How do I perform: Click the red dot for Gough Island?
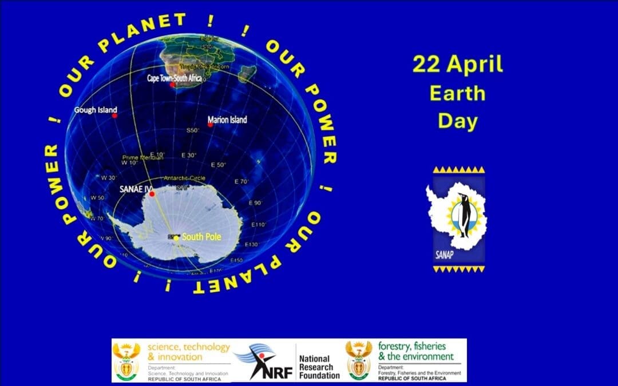coord(114,116)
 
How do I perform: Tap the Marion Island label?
coord(227,120)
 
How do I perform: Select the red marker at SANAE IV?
coord(152,194)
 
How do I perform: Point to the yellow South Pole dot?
coord(177,237)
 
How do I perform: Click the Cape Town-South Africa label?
coord(175,78)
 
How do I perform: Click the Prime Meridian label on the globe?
coord(143,157)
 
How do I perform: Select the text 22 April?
coord(457,65)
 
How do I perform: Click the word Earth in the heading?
coord(457,93)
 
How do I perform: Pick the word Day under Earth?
coord(457,121)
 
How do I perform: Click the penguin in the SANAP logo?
coord(463,214)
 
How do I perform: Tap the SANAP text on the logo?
coord(444,254)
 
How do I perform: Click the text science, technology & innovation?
coord(188,352)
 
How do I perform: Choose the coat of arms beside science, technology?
coord(126,361)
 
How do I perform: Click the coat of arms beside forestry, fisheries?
coord(359,361)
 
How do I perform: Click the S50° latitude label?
coord(193,130)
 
